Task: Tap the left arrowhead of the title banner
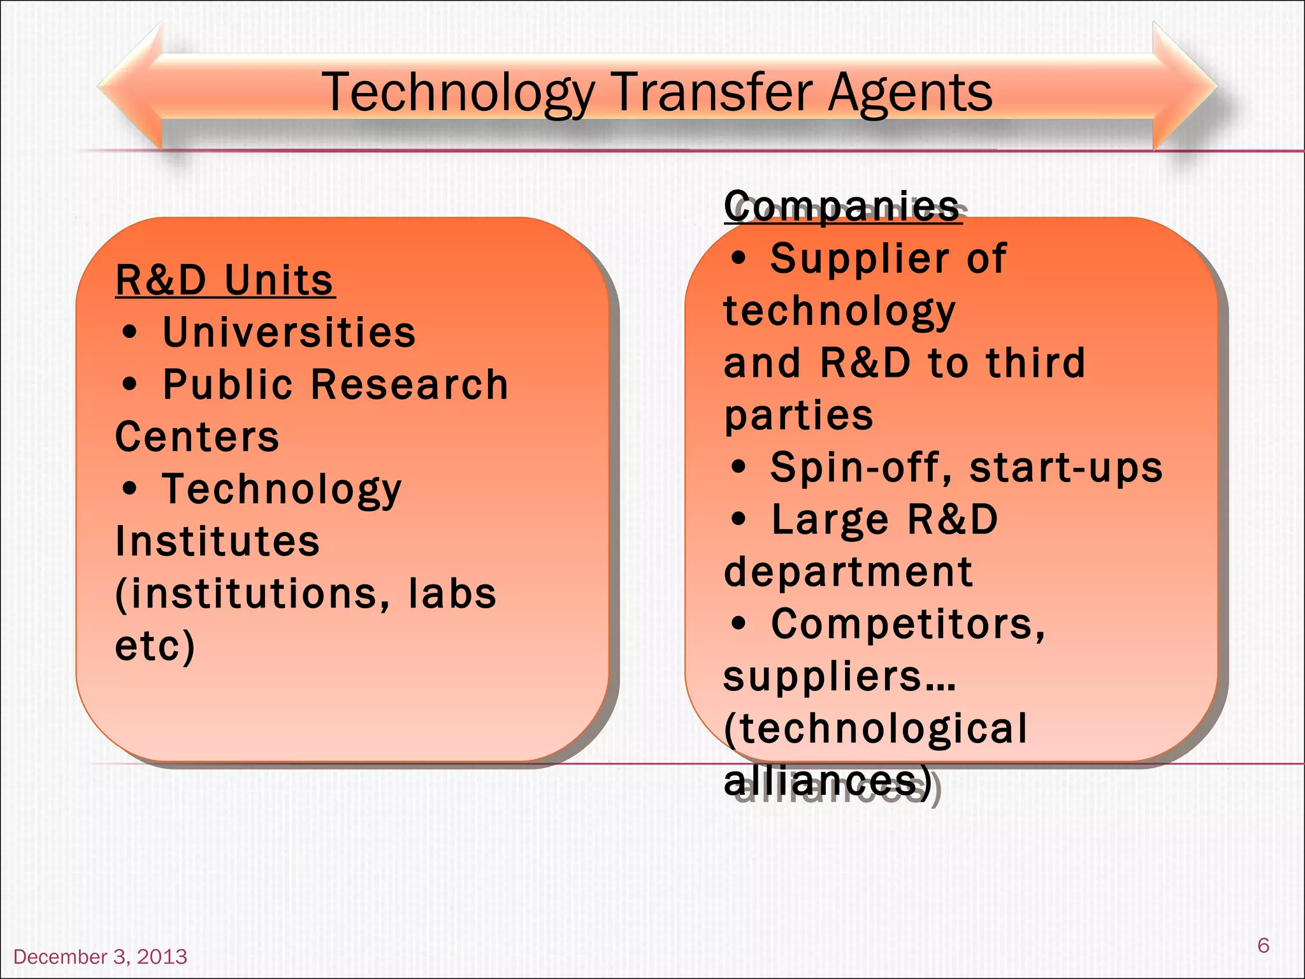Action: click(131, 86)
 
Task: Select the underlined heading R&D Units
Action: click(224, 280)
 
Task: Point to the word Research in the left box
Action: click(410, 385)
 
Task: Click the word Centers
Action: click(197, 437)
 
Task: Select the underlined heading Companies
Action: click(842, 206)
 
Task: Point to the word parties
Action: click(798, 416)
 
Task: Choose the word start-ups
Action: click(1065, 468)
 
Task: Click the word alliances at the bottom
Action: click(825, 781)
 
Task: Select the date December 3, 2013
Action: click(101, 957)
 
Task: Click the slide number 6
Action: click(1263, 945)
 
